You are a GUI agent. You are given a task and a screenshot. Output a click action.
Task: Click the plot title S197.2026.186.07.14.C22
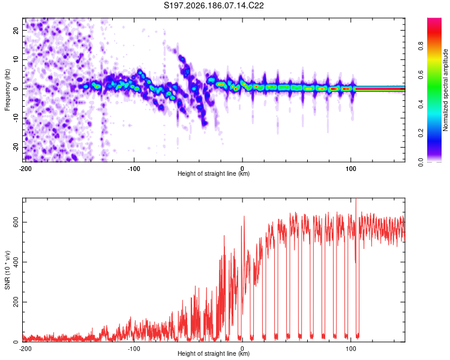pyautogui.click(x=214, y=5)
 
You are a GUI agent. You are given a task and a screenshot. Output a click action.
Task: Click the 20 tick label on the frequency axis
pyautogui.click(x=16, y=31)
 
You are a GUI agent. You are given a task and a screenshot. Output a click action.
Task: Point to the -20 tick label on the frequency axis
pyautogui.click(x=16, y=148)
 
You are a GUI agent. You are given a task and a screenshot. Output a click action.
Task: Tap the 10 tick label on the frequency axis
pyautogui.click(x=16, y=59)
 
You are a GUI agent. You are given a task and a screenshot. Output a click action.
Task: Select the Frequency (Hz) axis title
pyautogui.click(x=7, y=90)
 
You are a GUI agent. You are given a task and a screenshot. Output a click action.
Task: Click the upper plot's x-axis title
pyautogui.click(x=214, y=173)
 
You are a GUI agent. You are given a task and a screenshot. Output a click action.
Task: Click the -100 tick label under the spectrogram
pyautogui.click(x=134, y=169)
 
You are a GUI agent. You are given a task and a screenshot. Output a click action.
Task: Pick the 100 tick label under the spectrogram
pyautogui.click(x=351, y=169)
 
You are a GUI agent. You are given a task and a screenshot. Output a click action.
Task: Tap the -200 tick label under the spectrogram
pyautogui.click(x=25, y=169)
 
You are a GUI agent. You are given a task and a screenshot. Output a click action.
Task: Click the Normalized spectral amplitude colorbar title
pyautogui.click(x=445, y=90)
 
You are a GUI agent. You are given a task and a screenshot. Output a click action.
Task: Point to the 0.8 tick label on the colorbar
pyautogui.click(x=421, y=46)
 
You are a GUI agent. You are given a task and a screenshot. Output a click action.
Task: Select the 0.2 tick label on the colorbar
pyautogui.click(x=421, y=133)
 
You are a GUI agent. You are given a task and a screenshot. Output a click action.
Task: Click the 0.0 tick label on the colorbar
pyautogui.click(x=421, y=162)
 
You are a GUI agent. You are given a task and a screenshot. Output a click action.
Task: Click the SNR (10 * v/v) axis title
pyautogui.click(x=7, y=270)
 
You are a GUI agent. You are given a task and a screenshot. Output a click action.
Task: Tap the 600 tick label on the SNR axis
pyautogui.click(x=16, y=222)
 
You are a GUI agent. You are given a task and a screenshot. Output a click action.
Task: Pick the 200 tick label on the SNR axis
pyautogui.click(x=16, y=302)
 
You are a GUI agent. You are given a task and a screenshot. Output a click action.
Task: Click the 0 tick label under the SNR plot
pyautogui.click(x=242, y=349)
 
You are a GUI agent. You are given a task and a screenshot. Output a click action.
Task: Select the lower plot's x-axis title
pyautogui.click(x=214, y=353)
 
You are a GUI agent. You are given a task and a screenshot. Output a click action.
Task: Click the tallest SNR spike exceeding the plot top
pyautogui.click(x=356, y=200)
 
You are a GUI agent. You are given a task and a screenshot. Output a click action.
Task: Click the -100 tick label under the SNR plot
pyautogui.click(x=134, y=349)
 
